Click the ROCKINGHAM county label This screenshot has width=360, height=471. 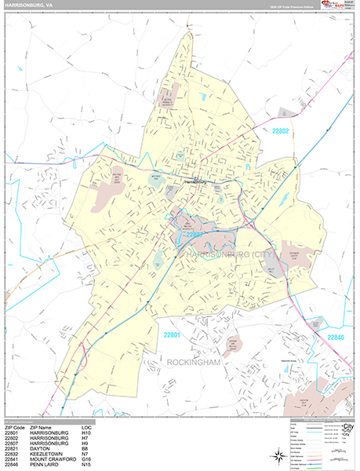[x=195, y=362]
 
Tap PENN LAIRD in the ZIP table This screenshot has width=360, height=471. [x=44, y=466]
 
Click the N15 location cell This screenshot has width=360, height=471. [x=86, y=466]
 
